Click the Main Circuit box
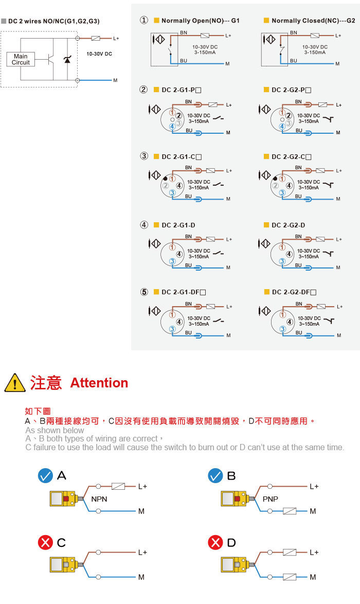pos(21,59)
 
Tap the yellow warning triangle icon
pos(14,382)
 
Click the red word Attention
pos(99,382)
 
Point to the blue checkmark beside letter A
pos(45,476)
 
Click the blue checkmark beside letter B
pos(215,476)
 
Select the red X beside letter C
pos(45,542)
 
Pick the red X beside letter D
pos(215,542)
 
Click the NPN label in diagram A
pos(99,499)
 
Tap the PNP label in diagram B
pos(271,499)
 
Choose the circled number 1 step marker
pos(143,20)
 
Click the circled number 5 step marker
pos(143,292)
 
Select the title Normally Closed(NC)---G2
pos(313,21)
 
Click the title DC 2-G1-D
pos(178,225)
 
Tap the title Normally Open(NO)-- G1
pos(201,21)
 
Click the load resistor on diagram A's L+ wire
pos(118,486)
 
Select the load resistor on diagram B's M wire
pos(290,511)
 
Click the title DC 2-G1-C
pos(182,157)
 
